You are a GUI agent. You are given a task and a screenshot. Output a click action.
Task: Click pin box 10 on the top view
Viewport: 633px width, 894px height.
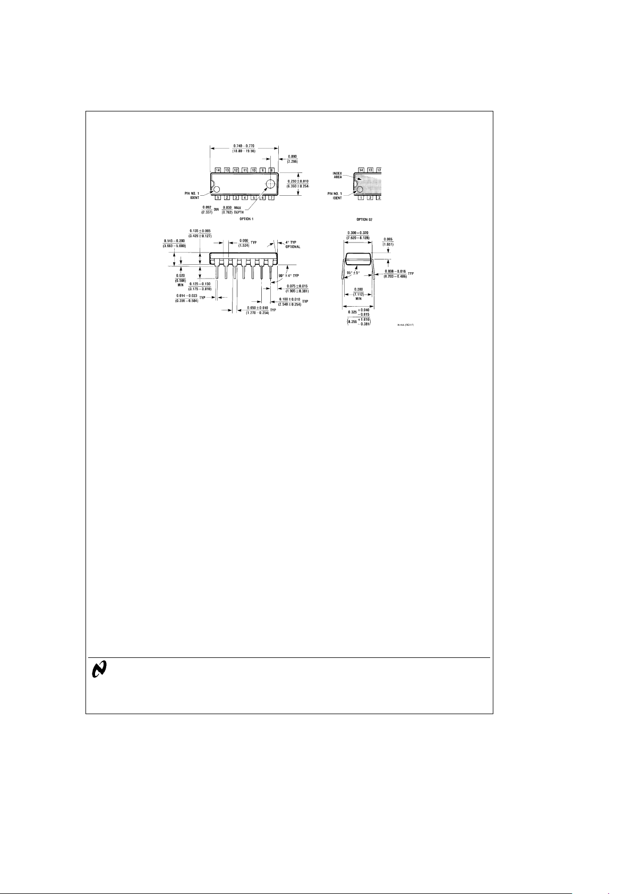click(x=253, y=170)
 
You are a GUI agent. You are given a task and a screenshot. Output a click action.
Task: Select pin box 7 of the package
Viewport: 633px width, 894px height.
click(x=271, y=198)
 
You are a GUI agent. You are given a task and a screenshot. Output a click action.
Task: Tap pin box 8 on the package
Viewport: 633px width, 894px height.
click(x=271, y=170)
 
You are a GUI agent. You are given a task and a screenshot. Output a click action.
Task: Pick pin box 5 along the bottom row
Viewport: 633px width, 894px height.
click(x=253, y=198)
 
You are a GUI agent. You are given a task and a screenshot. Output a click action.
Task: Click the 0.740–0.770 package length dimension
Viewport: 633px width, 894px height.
click(x=244, y=148)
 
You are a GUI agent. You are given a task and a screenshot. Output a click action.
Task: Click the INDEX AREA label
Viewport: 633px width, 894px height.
click(x=338, y=175)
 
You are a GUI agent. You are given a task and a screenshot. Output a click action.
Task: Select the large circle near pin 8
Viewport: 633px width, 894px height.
click(x=271, y=184)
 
